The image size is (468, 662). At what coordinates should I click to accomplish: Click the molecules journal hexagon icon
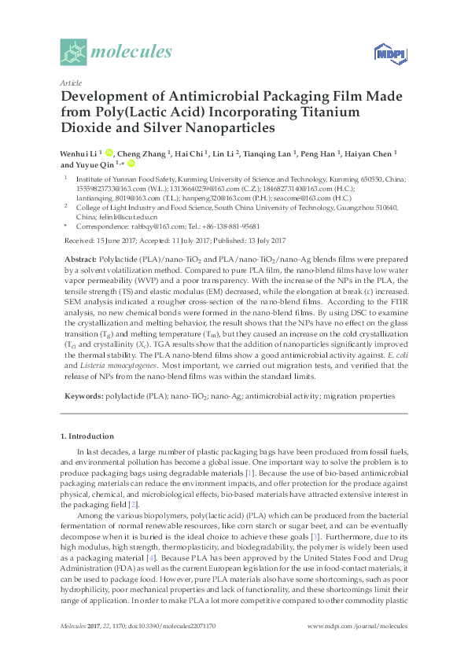pos(73,53)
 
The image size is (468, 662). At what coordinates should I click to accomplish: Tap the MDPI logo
pos(383,53)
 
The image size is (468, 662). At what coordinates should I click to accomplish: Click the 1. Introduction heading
pos(87,436)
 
